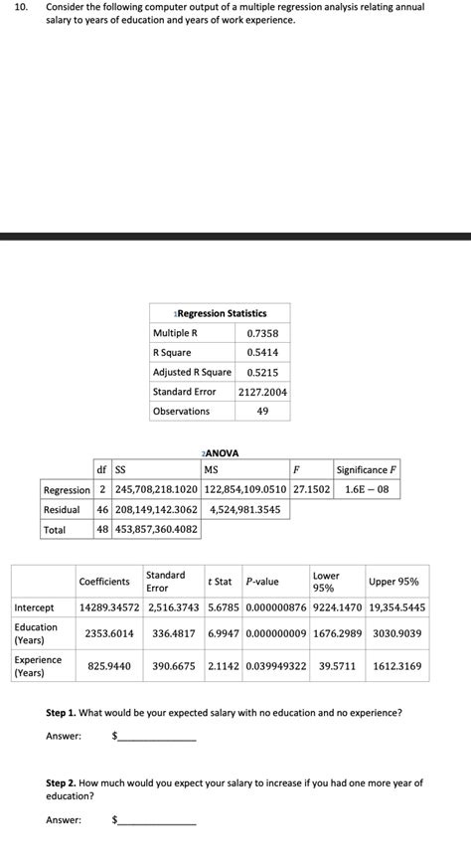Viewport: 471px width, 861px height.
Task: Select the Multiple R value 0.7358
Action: pyautogui.click(x=262, y=333)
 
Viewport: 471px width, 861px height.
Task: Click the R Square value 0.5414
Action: pyautogui.click(x=262, y=353)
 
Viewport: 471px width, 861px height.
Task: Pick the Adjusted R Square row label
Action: pyautogui.click(x=192, y=372)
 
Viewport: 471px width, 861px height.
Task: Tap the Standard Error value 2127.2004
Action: pyautogui.click(x=262, y=392)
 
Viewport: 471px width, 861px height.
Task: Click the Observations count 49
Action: pyautogui.click(x=262, y=412)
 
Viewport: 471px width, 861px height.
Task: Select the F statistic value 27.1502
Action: pyautogui.click(x=311, y=490)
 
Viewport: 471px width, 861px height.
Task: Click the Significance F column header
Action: pyautogui.click(x=368, y=470)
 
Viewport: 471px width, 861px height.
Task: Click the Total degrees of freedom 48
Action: pyautogui.click(x=102, y=530)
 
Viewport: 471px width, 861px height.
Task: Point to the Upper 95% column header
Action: pyautogui.click(x=393, y=582)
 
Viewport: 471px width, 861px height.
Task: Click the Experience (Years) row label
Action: pyautogui.click(x=37, y=666)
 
